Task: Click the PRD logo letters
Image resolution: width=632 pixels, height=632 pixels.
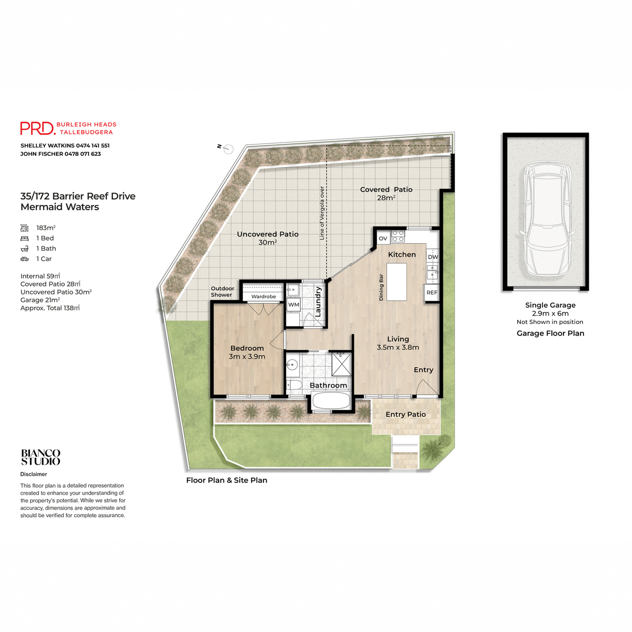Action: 37,129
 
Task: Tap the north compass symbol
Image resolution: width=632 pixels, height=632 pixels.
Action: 228,149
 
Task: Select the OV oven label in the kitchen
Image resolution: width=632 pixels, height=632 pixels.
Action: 383,239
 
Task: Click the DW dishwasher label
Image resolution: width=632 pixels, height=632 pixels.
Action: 433,257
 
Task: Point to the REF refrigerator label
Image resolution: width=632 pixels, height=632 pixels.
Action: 432,293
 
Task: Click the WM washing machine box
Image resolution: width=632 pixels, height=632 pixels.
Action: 294,305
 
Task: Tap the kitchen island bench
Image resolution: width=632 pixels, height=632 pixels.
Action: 397,282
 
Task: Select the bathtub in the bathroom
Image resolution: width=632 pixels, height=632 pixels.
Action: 331,402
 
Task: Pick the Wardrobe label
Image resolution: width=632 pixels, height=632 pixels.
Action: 264,297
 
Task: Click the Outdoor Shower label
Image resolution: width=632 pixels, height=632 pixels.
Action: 222,292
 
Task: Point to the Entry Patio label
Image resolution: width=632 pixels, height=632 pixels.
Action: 406,414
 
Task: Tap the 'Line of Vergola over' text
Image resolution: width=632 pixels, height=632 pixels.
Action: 322,213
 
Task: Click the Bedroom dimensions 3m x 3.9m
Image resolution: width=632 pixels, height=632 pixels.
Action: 247,357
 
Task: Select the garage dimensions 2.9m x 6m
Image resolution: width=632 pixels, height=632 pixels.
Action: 550,313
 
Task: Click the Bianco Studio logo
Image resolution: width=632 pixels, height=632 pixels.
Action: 41,457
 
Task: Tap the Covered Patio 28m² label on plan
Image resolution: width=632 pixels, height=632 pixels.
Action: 386,193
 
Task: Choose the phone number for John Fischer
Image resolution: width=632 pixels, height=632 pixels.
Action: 83,154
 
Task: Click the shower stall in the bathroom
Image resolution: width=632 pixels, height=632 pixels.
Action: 341,364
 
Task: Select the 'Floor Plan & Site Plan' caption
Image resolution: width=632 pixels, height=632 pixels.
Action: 226,480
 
